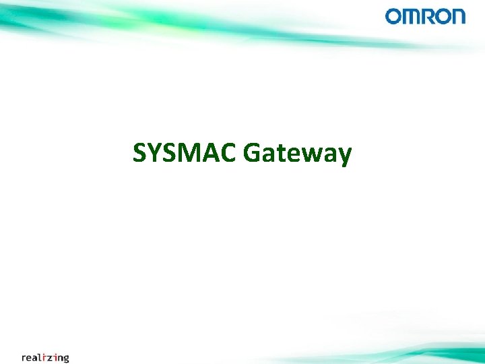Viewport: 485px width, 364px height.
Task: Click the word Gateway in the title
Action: click(297, 154)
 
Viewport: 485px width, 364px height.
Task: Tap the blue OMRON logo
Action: click(425, 16)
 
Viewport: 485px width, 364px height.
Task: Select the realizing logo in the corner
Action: click(45, 357)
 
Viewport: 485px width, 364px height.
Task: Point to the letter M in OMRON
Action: click(412, 16)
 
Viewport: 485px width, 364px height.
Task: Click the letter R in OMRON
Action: click(428, 16)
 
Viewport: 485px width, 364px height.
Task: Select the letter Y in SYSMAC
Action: click(154, 153)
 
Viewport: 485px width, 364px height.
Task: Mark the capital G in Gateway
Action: click(252, 153)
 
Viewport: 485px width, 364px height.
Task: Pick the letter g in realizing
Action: click(65, 359)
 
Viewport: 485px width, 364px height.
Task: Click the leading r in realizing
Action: click(24, 357)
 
